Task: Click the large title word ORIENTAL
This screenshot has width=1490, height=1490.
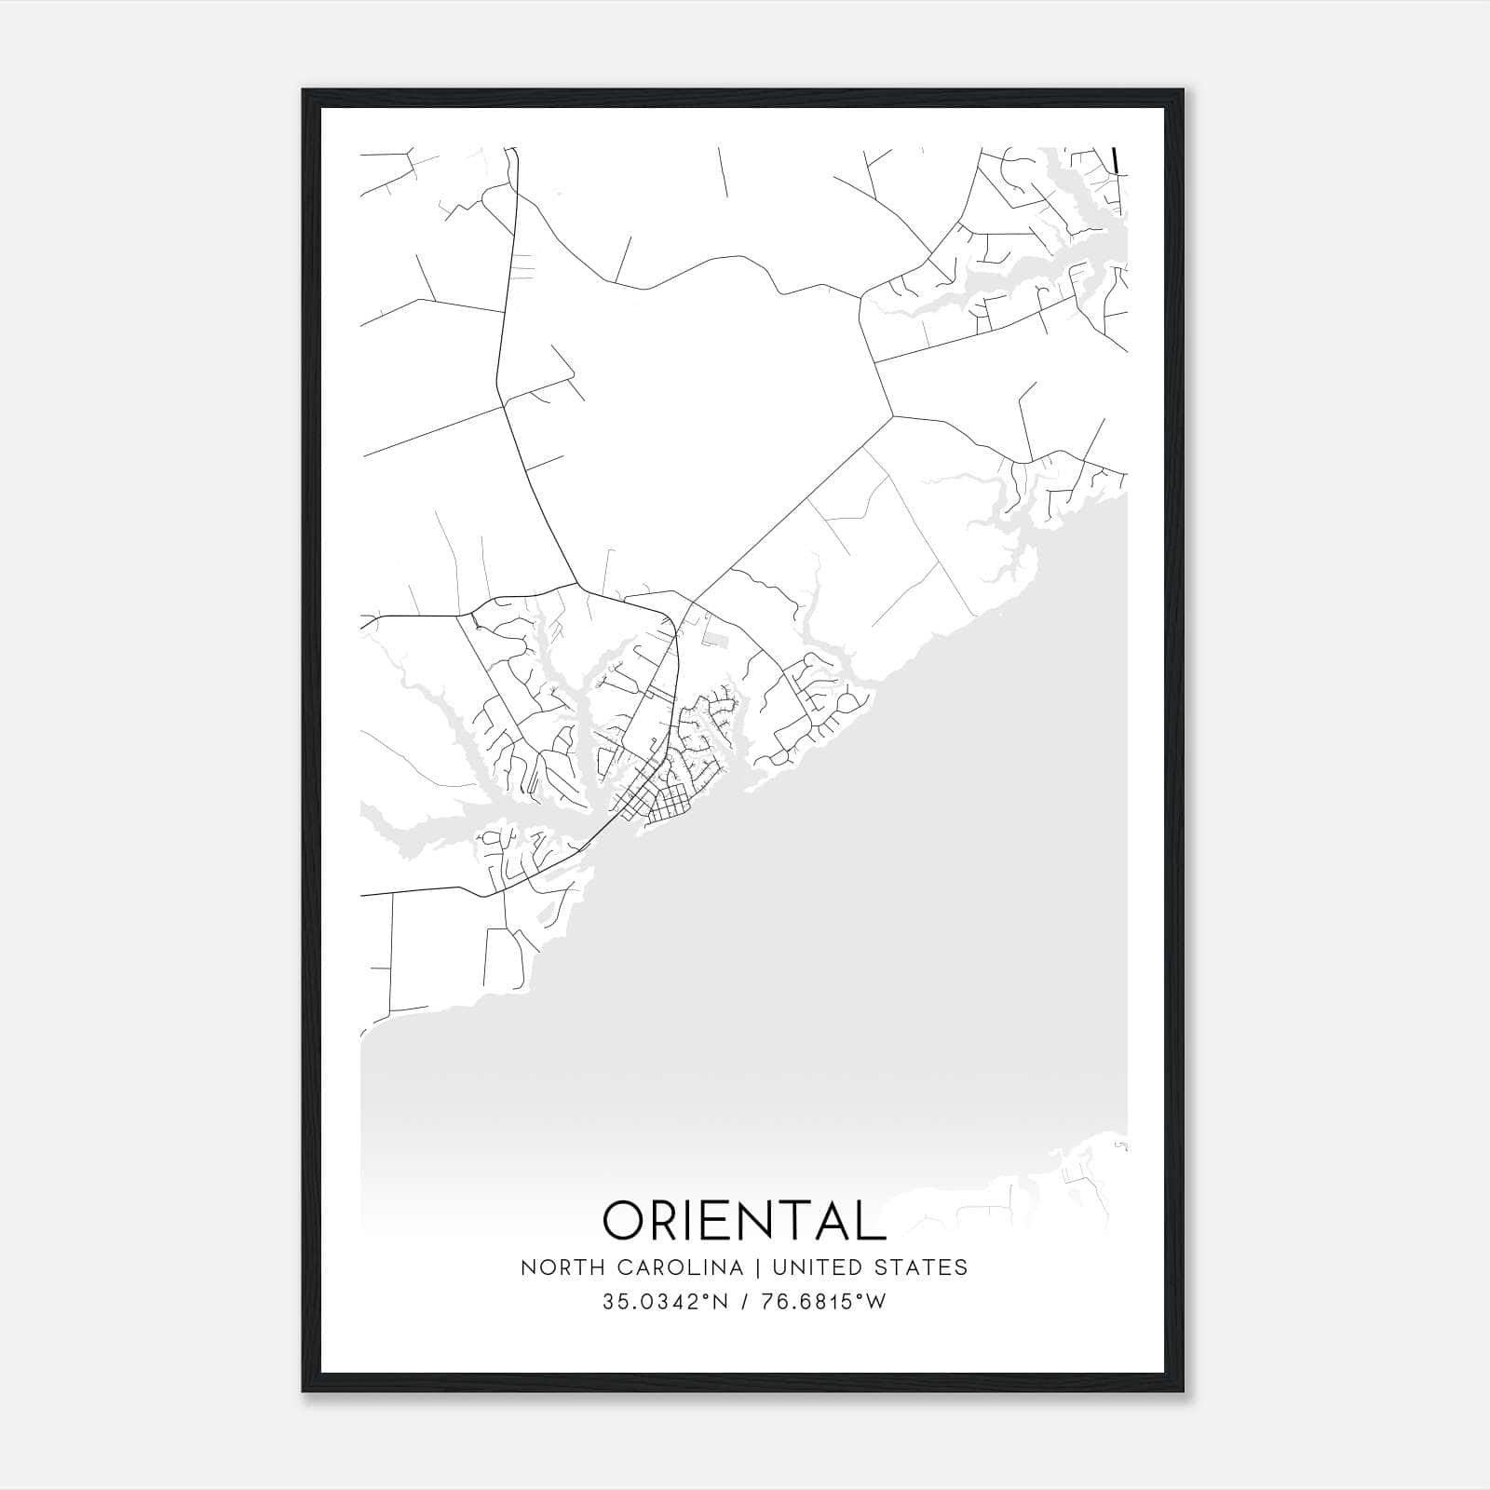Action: [744, 1220]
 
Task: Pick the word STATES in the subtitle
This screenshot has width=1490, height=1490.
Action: [921, 1267]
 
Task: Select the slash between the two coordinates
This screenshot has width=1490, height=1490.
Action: [744, 1302]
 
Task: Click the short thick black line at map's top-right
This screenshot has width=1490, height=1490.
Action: [1115, 159]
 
